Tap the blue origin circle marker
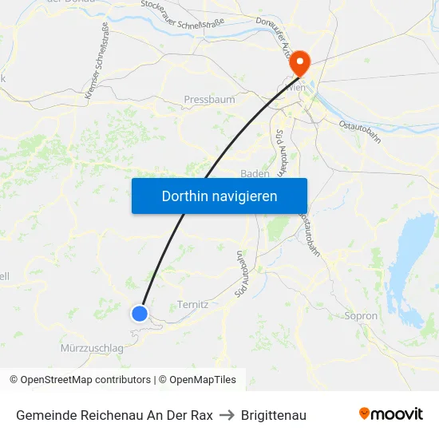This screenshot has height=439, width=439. [140, 313]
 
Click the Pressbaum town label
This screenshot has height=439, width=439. [209, 100]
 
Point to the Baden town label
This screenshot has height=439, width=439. [255, 173]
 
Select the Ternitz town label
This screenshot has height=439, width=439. [192, 304]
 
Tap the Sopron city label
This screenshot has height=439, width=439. [360, 316]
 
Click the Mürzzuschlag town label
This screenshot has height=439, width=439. [92, 348]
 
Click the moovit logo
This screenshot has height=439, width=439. [390, 414]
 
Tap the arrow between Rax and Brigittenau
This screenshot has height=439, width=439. [227, 415]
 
